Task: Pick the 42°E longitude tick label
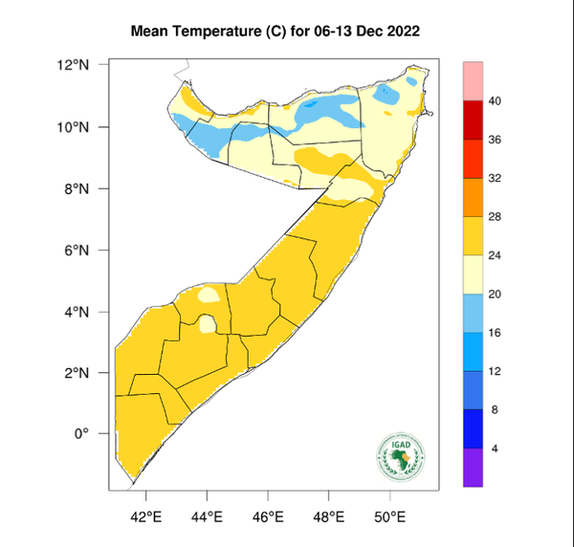145,517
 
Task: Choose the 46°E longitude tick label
268,517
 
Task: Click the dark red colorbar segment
473,120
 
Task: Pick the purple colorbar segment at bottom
473,468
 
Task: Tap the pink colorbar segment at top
473,80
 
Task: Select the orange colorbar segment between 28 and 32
473,197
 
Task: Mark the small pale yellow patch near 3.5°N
207,324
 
